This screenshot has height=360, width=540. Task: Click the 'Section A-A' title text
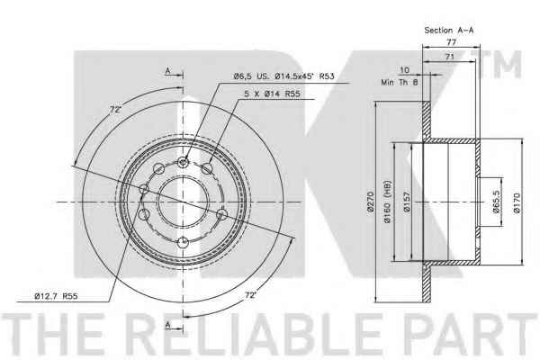click(x=449, y=31)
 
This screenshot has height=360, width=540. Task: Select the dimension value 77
click(x=451, y=42)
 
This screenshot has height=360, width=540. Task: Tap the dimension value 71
click(x=450, y=57)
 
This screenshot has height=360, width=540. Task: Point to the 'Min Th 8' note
click(x=399, y=82)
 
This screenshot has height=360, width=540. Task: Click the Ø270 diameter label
click(x=371, y=202)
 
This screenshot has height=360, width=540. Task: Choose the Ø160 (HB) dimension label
click(x=387, y=202)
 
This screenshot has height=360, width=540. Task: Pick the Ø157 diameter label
click(x=407, y=202)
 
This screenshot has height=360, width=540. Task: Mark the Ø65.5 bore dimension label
click(x=496, y=202)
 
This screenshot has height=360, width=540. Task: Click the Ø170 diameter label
click(x=517, y=203)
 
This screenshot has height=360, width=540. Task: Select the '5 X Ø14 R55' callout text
click(x=272, y=94)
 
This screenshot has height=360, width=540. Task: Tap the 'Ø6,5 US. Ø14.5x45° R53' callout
click(x=283, y=76)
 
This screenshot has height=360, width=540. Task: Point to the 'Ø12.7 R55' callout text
click(x=56, y=296)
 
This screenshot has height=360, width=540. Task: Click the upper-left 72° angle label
click(x=116, y=110)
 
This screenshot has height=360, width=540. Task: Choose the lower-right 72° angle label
click(x=251, y=295)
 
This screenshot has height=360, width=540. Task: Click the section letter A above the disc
click(x=167, y=71)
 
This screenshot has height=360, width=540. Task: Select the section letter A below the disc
click(x=167, y=325)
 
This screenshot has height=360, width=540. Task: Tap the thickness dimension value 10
click(x=404, y=70)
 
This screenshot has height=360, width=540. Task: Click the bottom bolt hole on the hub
click(x=184, y=242)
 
